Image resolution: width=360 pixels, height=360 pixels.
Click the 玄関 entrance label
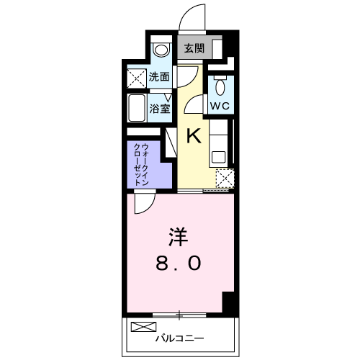point(194,49)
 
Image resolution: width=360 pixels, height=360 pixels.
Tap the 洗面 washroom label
point(159,77)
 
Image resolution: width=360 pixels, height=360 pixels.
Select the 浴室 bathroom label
point(160,109)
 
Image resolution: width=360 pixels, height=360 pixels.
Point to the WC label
point(220,106)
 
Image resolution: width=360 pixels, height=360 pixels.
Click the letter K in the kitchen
point(194,135)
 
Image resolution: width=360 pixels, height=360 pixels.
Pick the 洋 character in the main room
point(178,237)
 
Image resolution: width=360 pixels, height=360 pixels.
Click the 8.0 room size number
point(178,263)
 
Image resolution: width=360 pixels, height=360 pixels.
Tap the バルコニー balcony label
point(180,338)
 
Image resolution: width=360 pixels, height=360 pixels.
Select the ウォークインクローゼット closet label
point(141,165)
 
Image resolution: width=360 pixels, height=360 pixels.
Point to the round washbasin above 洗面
point(161,50)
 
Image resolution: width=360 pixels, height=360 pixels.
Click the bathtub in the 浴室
point(137,108)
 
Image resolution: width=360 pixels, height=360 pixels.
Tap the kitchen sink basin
point(218,157)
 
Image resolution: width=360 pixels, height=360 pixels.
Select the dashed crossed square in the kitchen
point(225,179)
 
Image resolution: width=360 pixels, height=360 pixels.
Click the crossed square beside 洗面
point(136,78)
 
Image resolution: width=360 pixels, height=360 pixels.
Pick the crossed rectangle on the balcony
point(143,327)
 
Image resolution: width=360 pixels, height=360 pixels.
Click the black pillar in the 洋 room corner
point(228,302)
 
